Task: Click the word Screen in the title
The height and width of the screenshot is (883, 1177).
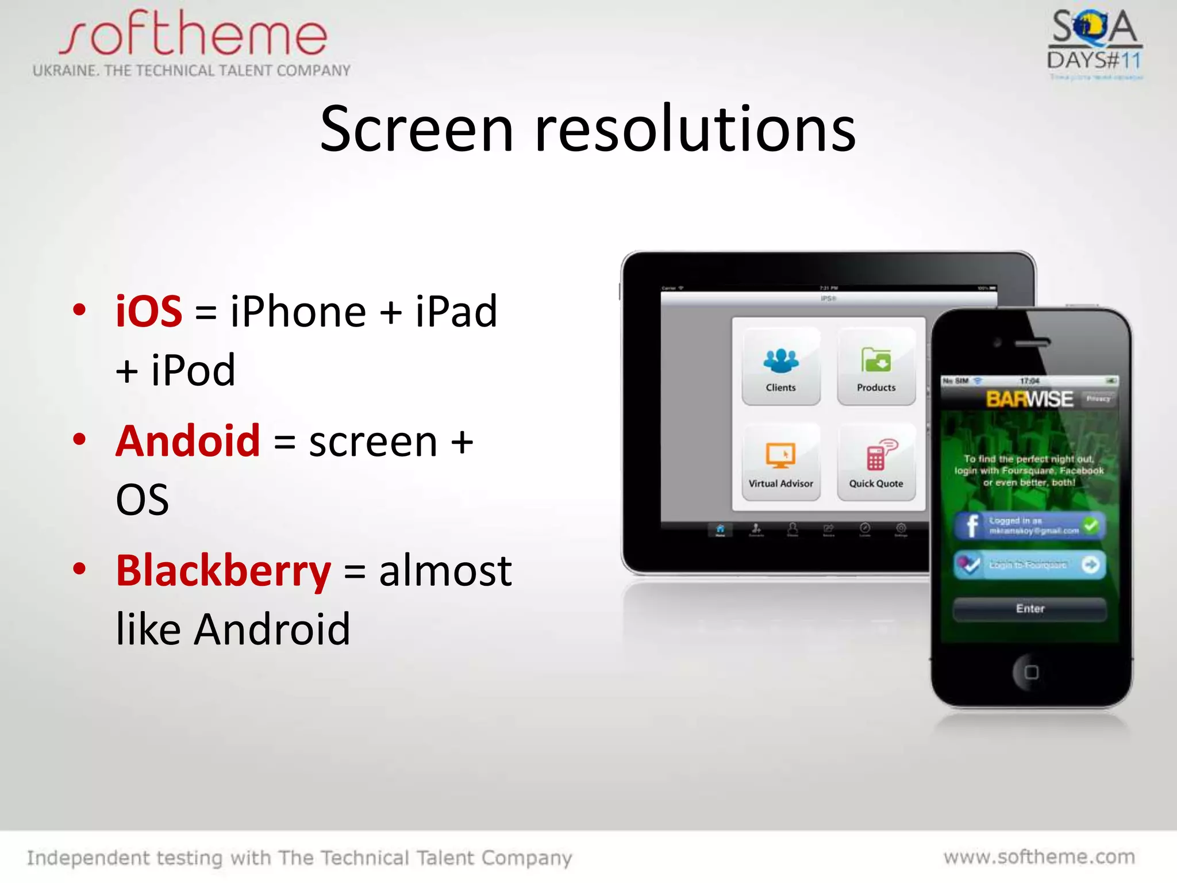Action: tap(416, 129)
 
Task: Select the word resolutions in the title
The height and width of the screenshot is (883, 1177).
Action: tap(695, 129)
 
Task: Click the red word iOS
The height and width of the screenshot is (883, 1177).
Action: tap(149, 312)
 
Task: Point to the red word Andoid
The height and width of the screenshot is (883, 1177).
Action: tap(188, 441)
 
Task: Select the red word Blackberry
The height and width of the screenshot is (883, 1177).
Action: tap(224, 571)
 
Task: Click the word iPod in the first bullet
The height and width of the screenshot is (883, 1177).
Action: tap(193, 370)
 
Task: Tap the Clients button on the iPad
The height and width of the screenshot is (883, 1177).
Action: tap(780, 367)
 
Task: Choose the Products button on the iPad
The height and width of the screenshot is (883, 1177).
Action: tap(876, 367)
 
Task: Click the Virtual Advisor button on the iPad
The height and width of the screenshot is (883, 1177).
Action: tap(780, 463)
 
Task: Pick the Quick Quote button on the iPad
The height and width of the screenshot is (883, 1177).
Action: tap(876, 463)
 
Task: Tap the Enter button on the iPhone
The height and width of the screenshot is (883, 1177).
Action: tap(1030, 609)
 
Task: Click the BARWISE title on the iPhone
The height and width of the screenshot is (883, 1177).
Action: tap(1029, 399)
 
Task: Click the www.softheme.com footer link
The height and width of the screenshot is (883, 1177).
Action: tap(1039, 857)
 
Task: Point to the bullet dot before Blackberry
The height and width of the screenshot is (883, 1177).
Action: tap(79, 569)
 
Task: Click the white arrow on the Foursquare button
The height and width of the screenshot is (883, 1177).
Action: tap(1090, 565)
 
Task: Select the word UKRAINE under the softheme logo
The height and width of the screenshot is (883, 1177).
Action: tap(65, 71)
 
